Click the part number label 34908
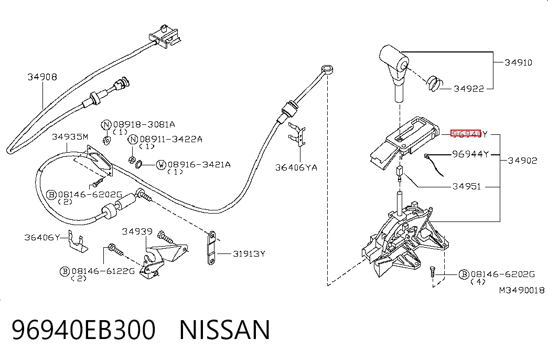click(x=42, y=77)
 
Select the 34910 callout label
click(x=518, y=62)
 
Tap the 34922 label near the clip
click(x=469, y=89)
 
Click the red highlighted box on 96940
click(x=466, y=134)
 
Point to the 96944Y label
click(x=470, y=154)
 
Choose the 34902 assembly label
click(x=522, y=161)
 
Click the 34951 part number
click(x=467, y=186)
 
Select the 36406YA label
click(x=296, y=167)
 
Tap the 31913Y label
click(x=249, y=253)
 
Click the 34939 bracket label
click(x=137, y=231)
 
